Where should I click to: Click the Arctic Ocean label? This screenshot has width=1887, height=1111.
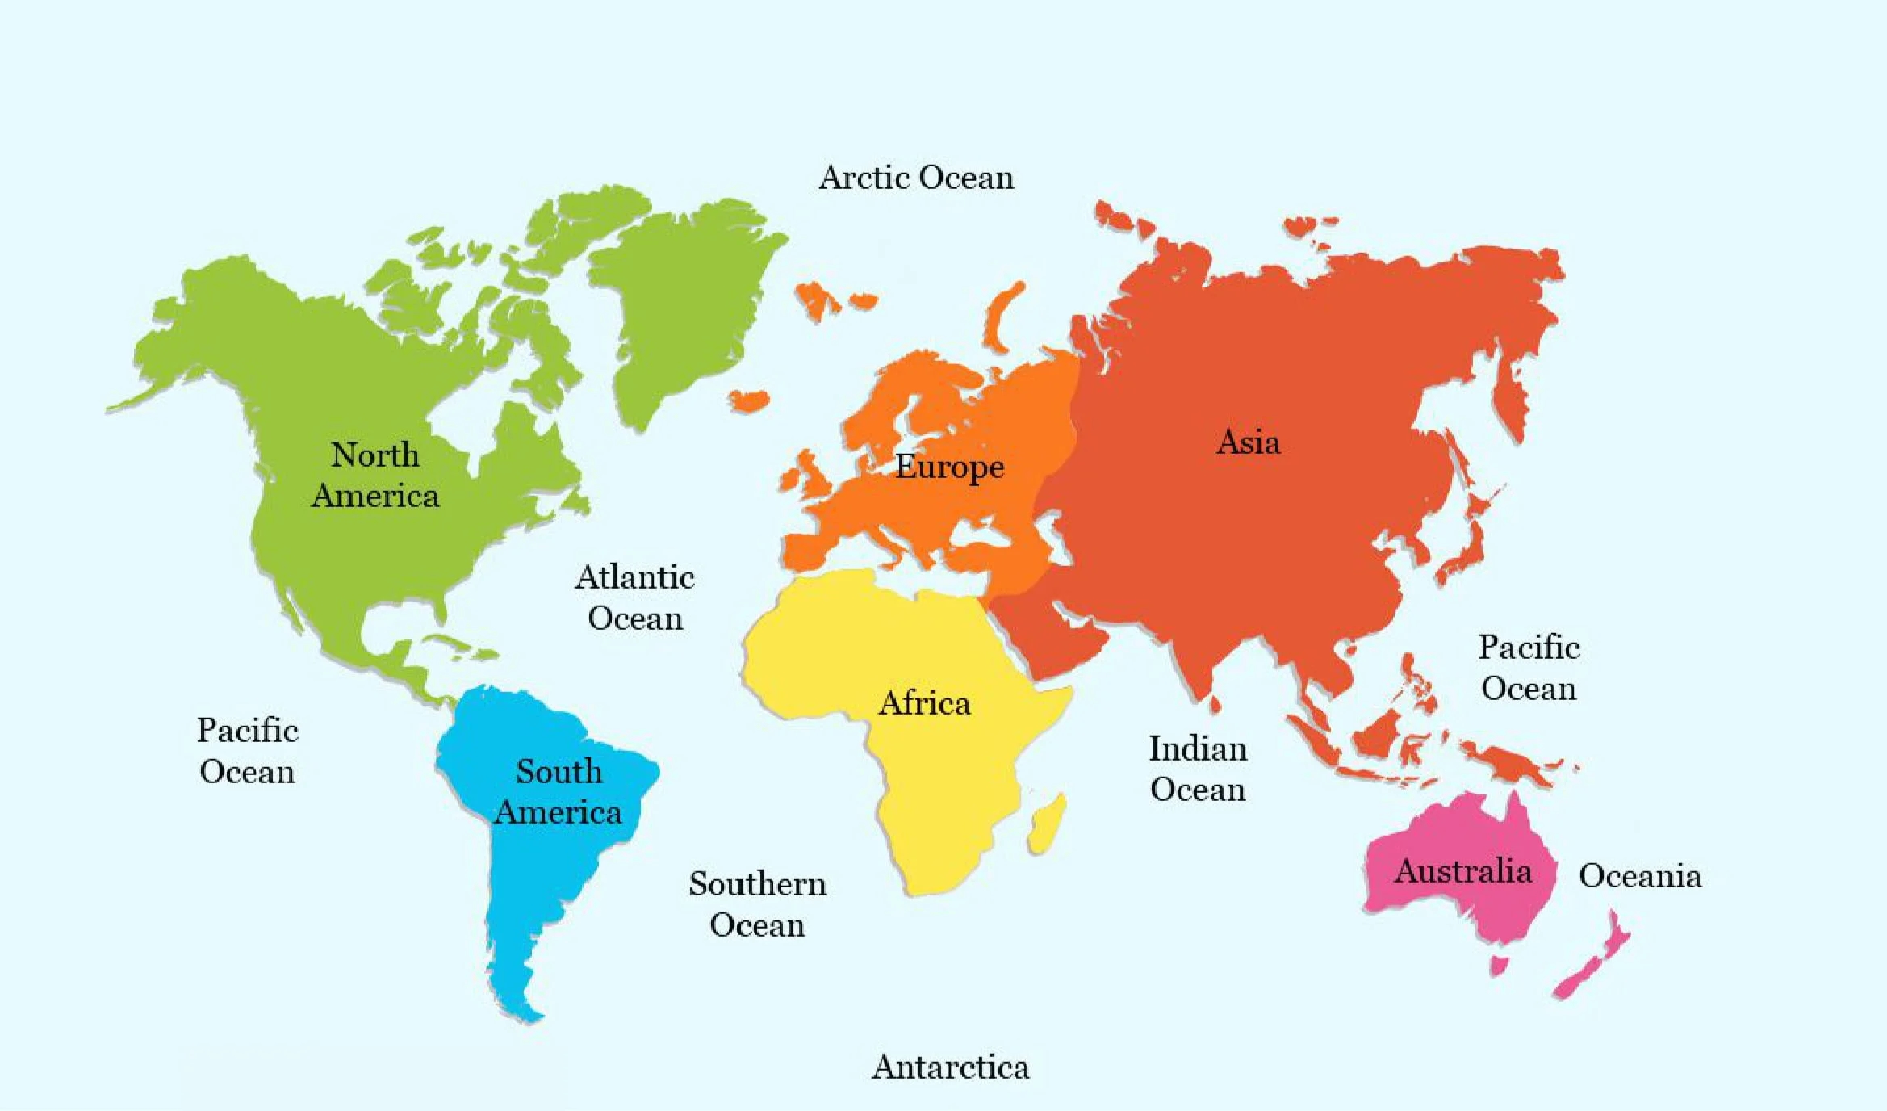tap(916, 178)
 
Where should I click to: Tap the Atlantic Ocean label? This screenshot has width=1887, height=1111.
tap(635, 597)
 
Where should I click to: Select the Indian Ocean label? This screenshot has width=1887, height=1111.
tap(1198, 769)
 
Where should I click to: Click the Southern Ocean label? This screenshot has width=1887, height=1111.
tap(757, 904)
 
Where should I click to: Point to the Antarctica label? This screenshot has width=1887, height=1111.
tap(950, 1067)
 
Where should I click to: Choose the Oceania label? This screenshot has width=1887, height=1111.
tap(1639, 876)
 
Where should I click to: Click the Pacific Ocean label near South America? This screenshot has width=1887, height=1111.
tap(247, 751)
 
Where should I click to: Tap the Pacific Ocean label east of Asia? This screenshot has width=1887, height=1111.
tap(1529, 668)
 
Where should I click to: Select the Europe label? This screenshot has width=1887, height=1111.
tap(949, 467)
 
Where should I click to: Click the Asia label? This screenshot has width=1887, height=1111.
tap(1248, 442)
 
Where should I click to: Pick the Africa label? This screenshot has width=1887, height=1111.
tap(924, 703)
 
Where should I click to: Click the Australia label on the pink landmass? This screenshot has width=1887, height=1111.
tap(1462, 871)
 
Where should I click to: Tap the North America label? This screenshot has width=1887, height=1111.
tap(375, 476)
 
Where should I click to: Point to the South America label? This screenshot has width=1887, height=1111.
tap(559, 791)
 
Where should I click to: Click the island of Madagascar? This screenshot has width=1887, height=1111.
tap(1047, 824)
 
